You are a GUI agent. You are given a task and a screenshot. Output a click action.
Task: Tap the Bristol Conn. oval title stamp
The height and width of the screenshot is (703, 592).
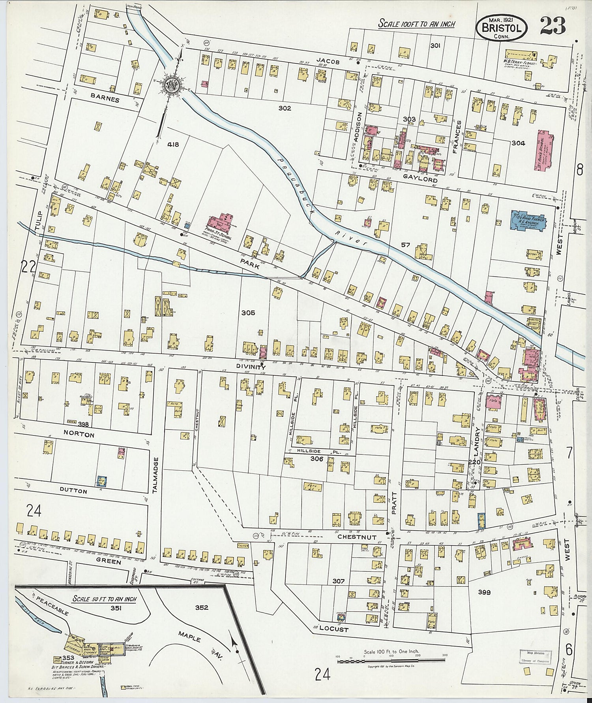502,27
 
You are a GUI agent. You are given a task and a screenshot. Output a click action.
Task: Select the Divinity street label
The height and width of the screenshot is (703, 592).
251,367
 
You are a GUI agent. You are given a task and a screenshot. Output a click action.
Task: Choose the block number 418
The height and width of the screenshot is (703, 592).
173,145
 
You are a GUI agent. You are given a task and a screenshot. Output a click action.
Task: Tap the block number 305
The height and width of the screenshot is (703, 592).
248,313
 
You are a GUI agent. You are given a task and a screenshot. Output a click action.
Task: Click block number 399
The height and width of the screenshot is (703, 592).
484,592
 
